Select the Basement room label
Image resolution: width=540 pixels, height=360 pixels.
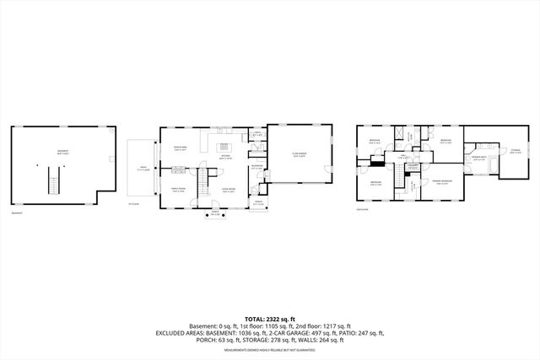[x=57, y=153]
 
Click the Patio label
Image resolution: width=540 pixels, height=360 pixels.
[x=143, y=168]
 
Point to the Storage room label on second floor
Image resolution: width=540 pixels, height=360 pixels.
[x=515, y=153]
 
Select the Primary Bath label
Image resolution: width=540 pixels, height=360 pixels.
[x=478, y=158]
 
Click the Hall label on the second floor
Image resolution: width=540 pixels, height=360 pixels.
[x=402, y=157]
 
